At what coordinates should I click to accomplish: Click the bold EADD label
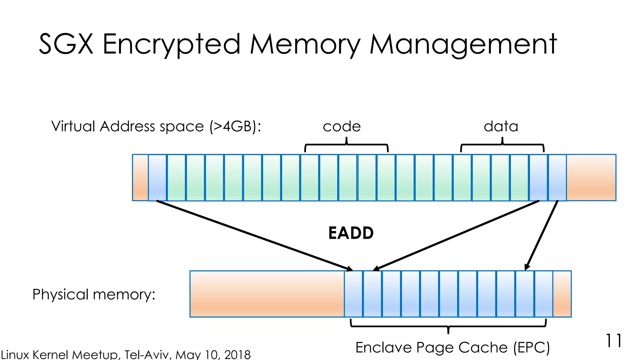pyautogui.click(x=351, y=233)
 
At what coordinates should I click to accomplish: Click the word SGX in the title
pyautogui.click(x=66, y=44)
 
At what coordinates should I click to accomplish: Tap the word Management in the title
pyautogui.click(x=463, y=44)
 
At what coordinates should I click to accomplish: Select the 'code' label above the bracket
pyautogui.click(x=342, y=127)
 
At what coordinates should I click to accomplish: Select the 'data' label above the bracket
pyautogui.click(x=501, y=127)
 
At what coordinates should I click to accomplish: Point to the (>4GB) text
pyautogui.click(x=235, y=127)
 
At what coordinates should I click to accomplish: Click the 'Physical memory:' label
pyautogui.click(x=94, y=294)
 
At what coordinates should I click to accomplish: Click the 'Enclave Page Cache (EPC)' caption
pyautogui.click(x=452, y=347)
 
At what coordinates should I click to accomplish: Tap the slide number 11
pyautogui.click(x=613, y=341)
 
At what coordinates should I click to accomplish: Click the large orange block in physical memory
pyautogui.click(x=267, y=294)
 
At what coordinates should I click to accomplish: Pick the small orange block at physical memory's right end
pyautogui.click(x=562, y=294)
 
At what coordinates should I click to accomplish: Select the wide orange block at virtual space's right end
pyautogui.click(x=591, y=177)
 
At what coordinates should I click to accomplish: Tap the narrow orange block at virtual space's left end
pyautogui.click(x=140, y=177)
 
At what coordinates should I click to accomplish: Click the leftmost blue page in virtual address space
pyautogui.click(x=157, y=177)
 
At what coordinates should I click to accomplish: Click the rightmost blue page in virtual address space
pyautogui.click(x=557, y=177)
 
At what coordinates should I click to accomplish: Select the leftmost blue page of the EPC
pyautogui.click(x=353, y=294)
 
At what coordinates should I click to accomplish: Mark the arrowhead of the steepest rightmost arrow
pyautogui.click(x=527, y=267)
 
